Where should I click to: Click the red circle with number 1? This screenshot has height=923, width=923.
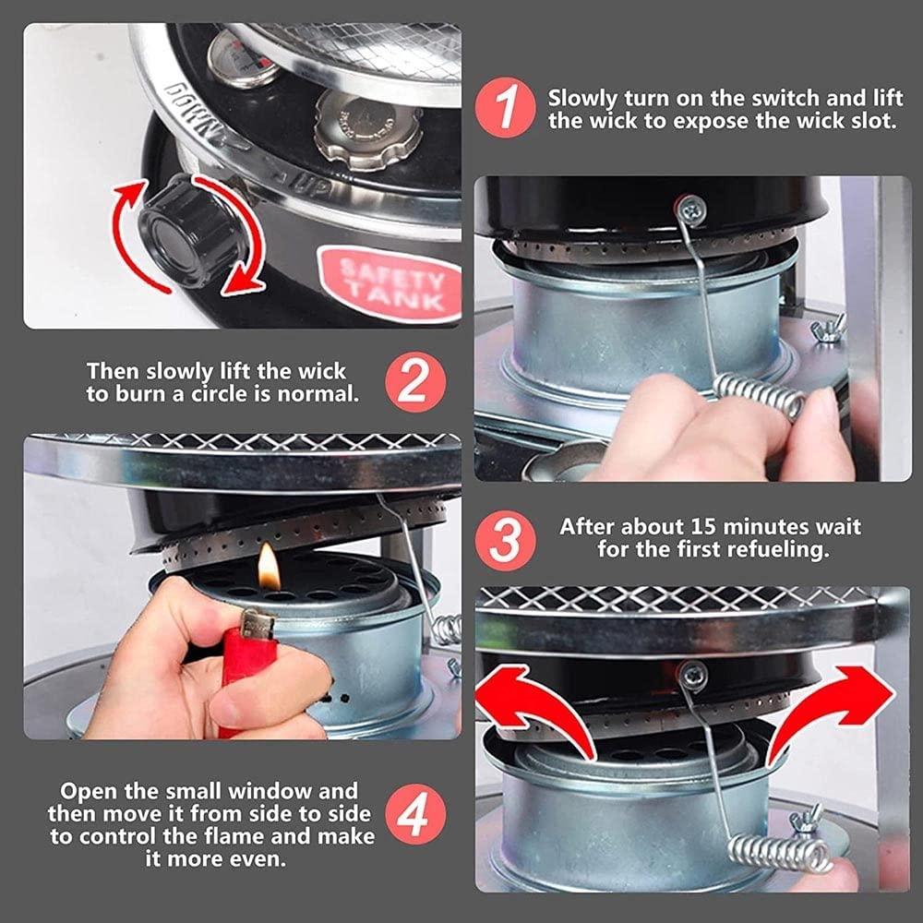[x=506, y=108]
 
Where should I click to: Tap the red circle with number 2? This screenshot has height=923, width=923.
[x=415, y=382]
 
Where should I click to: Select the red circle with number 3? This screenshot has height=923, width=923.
[x=506, y=540]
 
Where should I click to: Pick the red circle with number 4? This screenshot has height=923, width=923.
[x=415, y=814]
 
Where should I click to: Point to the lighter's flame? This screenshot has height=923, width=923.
[x=269, y=567]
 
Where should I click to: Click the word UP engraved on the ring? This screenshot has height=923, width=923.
[x=311, y=186]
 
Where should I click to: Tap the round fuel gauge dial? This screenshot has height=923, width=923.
[x=243, y=59]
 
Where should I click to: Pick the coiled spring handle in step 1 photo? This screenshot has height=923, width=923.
[x=760, y=395]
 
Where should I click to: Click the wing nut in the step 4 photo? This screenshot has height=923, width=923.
[x=806, y=820]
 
